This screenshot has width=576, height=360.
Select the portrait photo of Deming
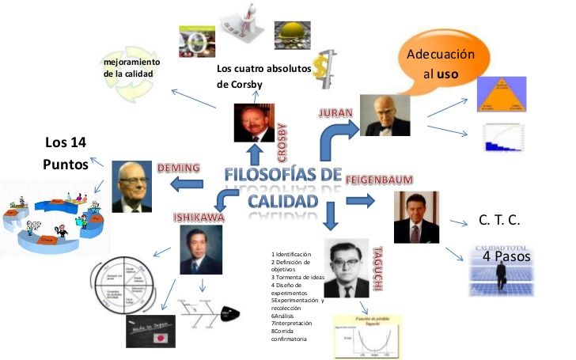pyautogui.click(x=131, y=187)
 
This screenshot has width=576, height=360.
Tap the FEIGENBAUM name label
pyautogui.click(x=391, y=180)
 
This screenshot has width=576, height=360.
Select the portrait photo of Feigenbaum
pyautogui.click(x=416, y=217)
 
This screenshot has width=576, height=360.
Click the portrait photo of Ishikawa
pyautogui.click(x=201, y=250)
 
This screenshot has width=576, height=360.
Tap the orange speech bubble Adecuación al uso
pyautogui.click(x=440, y=64)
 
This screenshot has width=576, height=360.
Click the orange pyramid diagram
pyautogui.click(x=503, y=95)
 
